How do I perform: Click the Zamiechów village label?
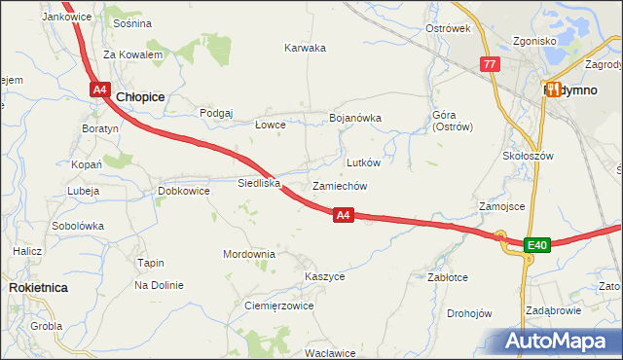click(340, 185)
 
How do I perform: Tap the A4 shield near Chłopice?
click(100, 90)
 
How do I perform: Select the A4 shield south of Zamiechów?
click(343, 215)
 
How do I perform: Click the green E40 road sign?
click(537, 245)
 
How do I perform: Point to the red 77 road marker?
click(490, 65)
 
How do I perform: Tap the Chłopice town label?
click(140, 97)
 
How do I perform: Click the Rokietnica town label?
click(37, 288)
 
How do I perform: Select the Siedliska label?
click(259, 183)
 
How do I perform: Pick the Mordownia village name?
click(248, 254)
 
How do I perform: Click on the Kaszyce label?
click(324, 276)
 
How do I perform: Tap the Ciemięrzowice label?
click(277, 306)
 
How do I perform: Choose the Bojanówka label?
click(355, 118)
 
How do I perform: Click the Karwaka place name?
click(305, 48)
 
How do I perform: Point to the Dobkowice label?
click(184, 191)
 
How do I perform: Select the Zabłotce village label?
click(448, 277)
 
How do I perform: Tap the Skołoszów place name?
click(528, 156)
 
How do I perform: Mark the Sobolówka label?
click(78, 225)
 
